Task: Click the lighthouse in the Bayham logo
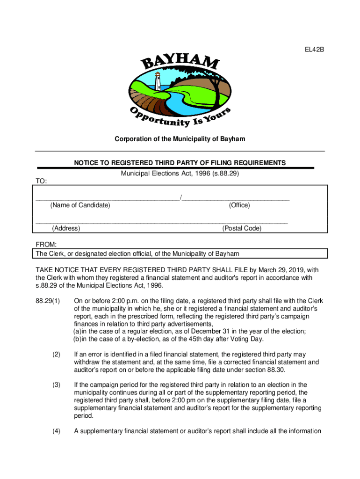coord(158,82)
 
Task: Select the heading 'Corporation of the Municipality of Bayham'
coord(180,139)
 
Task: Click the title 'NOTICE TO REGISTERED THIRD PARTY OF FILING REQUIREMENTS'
coord(180,163)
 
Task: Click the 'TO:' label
coord(41,181)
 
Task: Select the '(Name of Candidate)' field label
coord(80,205)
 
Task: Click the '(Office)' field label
coord(239,205)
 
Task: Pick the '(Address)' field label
coord(66,228)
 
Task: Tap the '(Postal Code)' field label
coord(242,228)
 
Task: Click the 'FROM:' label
coord(46,245)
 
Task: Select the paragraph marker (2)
coord(56,355)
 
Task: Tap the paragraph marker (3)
coord(56,385)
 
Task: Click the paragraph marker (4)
coord(56,431)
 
